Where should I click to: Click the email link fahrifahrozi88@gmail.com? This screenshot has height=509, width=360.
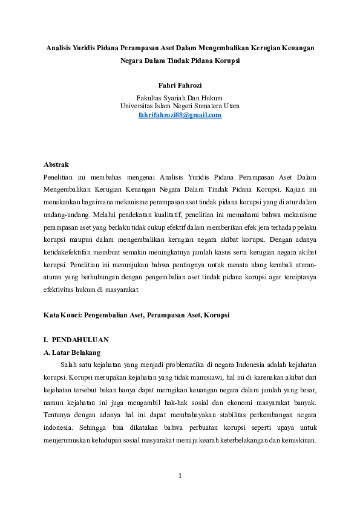[x=180, y=115]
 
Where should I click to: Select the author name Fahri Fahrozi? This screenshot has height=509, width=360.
[x=180, y=86]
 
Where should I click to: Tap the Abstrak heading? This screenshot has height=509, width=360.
[x=56, y=164]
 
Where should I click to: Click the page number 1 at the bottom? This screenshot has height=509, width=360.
[x=180, y=476]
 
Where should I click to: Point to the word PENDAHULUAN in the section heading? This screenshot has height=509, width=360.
[x=80, y=340]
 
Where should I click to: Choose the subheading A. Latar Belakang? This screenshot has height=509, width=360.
[x=72, y=352]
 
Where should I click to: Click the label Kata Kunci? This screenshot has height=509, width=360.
[x=63, y=315]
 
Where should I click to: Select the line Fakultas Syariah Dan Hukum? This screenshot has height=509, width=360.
[x=180, y=97]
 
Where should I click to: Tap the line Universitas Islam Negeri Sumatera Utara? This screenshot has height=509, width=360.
[x=180, y=106]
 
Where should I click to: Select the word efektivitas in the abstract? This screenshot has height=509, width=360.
[x=61, y=290]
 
